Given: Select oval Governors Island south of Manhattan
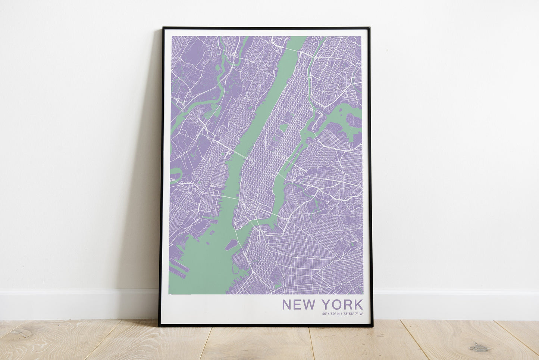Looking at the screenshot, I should click(x=231, y=245).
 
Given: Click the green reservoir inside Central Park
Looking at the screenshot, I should click(x=283, y=127).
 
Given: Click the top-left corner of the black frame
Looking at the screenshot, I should click(x=163, y=28).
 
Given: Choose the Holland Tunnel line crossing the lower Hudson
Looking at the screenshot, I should click(x=230, y=198).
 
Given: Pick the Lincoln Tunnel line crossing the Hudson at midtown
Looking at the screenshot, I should click(x=239, y=153).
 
